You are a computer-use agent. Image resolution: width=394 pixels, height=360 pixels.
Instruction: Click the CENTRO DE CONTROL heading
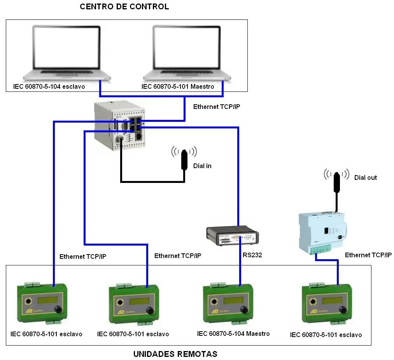pos(124,7)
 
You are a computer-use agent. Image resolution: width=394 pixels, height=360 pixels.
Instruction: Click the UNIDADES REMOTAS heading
pos(175,354)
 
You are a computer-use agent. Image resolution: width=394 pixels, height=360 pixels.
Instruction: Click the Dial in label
pos(202,166)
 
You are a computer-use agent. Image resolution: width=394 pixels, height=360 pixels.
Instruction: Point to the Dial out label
pos(365,177)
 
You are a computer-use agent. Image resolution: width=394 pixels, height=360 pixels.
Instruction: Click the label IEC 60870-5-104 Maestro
pos(233,334)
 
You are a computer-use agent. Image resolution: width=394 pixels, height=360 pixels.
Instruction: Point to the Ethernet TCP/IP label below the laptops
pos(217,107)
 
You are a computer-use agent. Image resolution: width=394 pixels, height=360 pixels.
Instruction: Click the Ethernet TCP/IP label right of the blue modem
pos(368,255)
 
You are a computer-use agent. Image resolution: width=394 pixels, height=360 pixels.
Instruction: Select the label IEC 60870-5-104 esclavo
pos(48,86)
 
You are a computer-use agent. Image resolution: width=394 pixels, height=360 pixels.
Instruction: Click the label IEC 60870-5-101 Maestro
pos(177,86)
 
